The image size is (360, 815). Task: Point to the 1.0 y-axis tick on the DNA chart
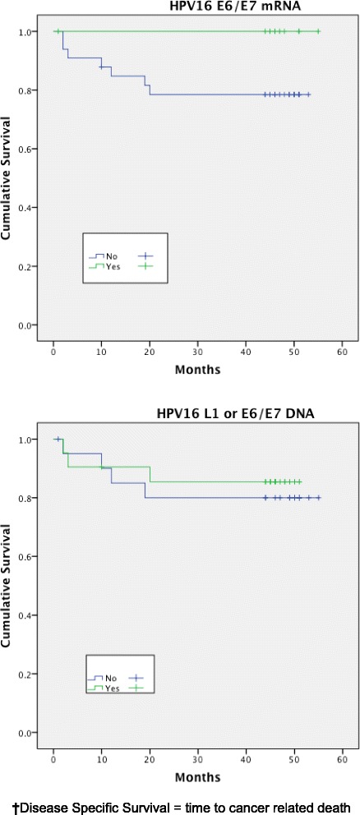pyautogui.click(x=31, y=440)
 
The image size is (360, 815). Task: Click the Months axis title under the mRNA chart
pyautogui.click(x=197, y=371)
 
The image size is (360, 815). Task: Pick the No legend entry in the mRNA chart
pyautogui.click(x=105, y=256)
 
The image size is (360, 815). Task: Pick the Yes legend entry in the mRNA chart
pyautogui.click(x=106, y=267)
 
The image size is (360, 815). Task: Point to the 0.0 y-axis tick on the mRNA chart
pyautogui.click(x=31, y=325)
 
